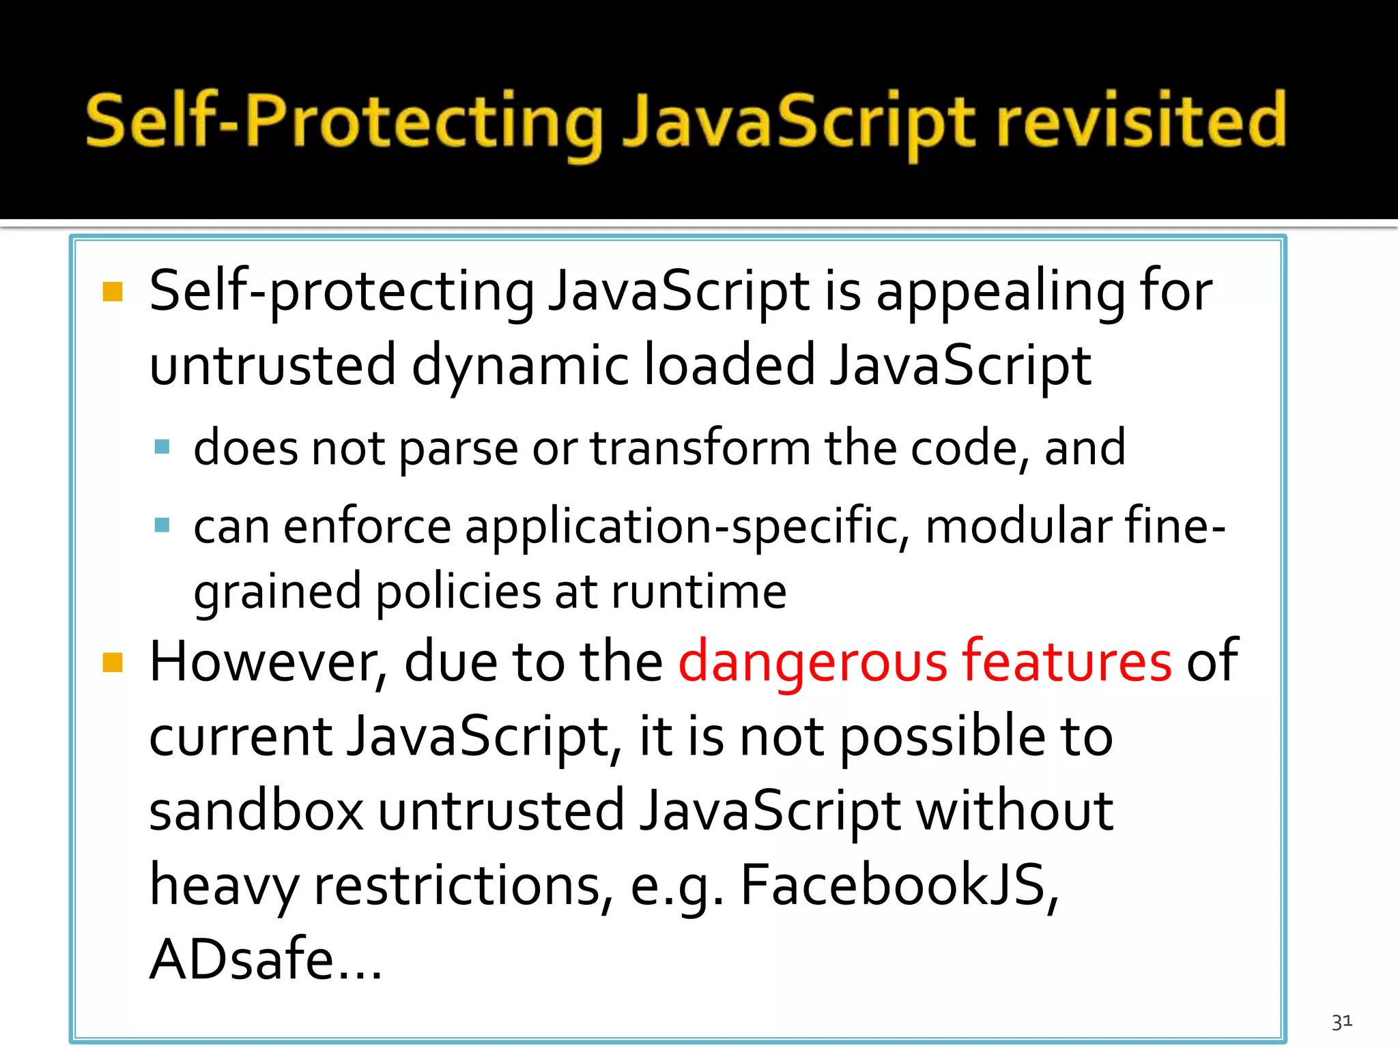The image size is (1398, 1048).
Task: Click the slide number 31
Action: pos(1341,1021)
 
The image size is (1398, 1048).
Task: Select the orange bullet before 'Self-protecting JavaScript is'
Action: pos(113,292)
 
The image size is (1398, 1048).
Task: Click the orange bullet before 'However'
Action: pos(113,663)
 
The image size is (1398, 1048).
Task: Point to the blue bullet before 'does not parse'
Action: pos(162,448)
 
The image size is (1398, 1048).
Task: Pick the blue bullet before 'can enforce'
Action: pos(162,525)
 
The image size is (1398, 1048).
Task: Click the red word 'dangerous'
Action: pos(812,662)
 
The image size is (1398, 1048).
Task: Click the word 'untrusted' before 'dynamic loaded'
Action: pos(272,365)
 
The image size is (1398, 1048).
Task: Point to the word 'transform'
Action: pos(700,448)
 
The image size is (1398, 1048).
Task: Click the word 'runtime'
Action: pos(698,592)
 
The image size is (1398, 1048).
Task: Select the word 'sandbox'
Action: pos(257,811)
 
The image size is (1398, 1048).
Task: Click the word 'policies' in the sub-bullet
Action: pos(457,592)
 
